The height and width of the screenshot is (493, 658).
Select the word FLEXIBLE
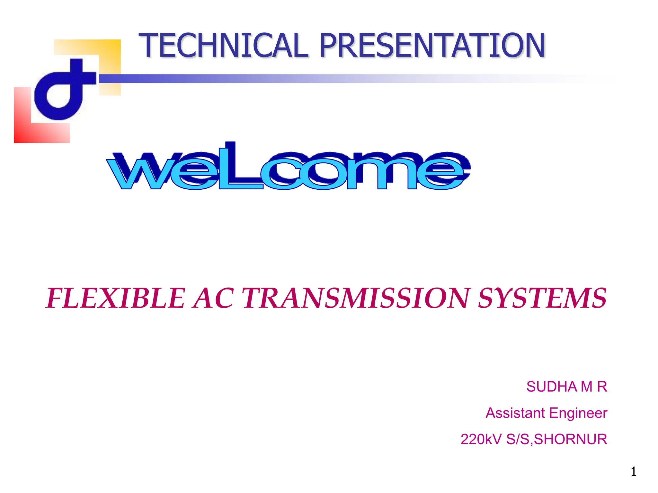116,298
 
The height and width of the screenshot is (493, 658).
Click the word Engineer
578,413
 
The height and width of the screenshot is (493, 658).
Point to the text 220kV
481,439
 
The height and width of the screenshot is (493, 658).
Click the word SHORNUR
570,439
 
